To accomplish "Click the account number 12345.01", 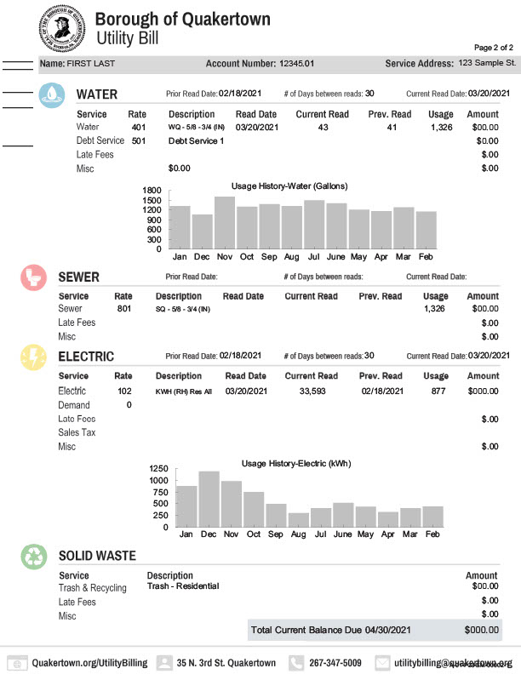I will point(297,64).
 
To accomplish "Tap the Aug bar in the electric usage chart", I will point(299,520).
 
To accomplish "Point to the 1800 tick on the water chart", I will point(152,190).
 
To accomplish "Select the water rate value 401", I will point(139,127).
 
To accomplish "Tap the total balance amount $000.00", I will point(482,630).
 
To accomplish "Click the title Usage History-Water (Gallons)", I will point(289,186).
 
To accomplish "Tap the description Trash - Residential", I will point(183,585).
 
